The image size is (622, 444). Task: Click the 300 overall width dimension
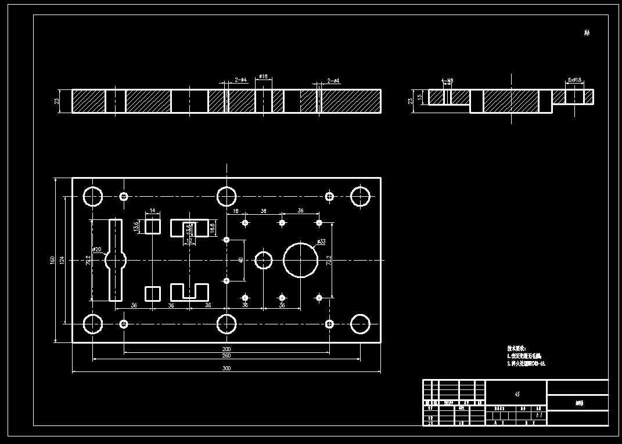[226, 369]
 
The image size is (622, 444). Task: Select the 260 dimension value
[226, 356]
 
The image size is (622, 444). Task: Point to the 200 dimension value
[226, 349]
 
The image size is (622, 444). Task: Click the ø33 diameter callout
[321, 241]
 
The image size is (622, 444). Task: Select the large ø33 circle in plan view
[302, 260]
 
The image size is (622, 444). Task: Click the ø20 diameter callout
[97, 250]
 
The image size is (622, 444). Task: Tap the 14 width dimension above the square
[152, 211]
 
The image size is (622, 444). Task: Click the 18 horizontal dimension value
[236, 211]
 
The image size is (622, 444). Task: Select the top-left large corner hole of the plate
[92, 196]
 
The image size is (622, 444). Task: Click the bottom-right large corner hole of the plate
[361, 324]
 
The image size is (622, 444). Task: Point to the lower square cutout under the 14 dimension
[152, 293]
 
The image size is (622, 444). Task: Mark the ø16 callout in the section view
[263, 77]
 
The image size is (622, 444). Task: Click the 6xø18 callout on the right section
[574, 81]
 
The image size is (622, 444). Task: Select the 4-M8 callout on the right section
[447, 81]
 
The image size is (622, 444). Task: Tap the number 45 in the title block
[517, 394]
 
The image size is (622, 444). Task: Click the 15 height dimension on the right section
[420, 98]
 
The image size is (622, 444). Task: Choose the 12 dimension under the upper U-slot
[189, 240]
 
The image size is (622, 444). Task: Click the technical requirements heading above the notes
[516, 348]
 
